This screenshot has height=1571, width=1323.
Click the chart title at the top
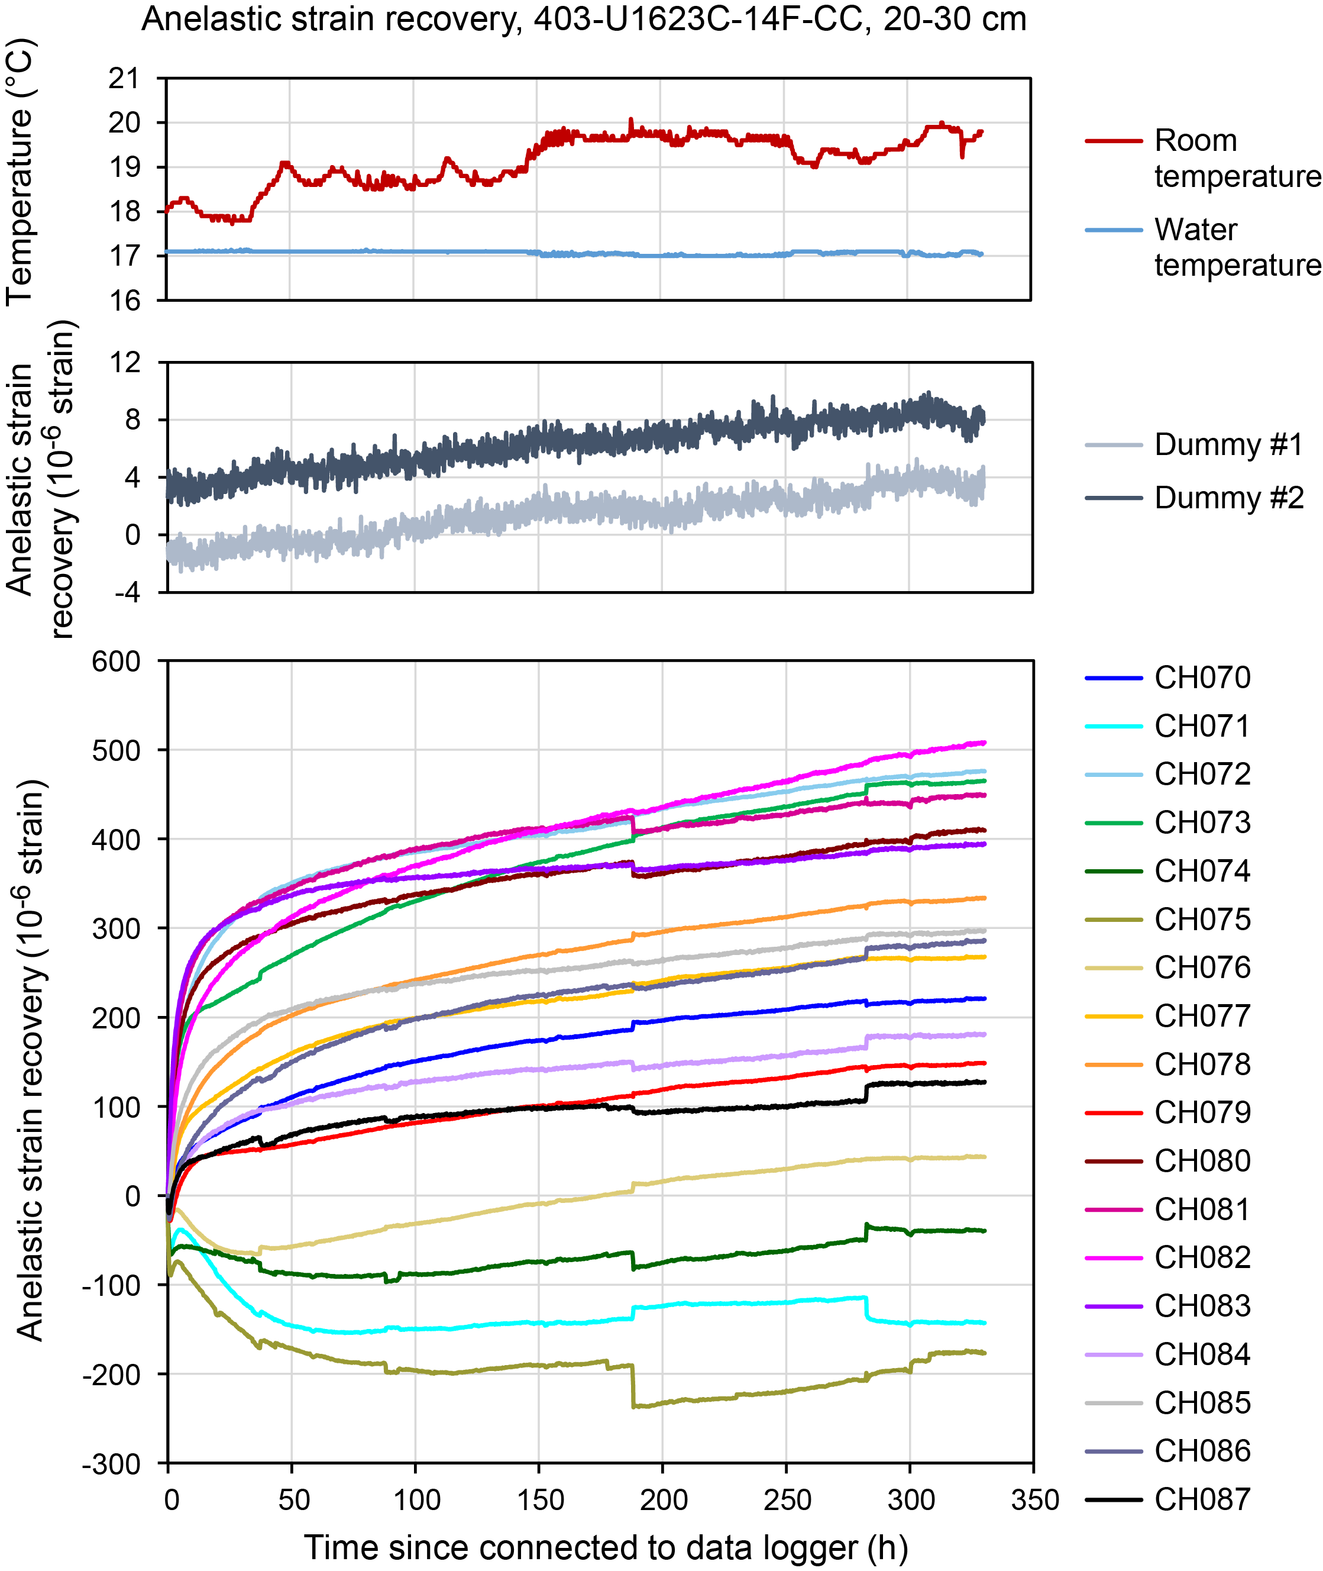tap(584, 20)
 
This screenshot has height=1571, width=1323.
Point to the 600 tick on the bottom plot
tap(117, 662)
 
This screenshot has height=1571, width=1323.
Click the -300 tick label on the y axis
tap(112, 1464)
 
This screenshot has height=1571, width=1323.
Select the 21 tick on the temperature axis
tap(125, 78)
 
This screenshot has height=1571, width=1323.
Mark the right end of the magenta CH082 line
tap(984, 743)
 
